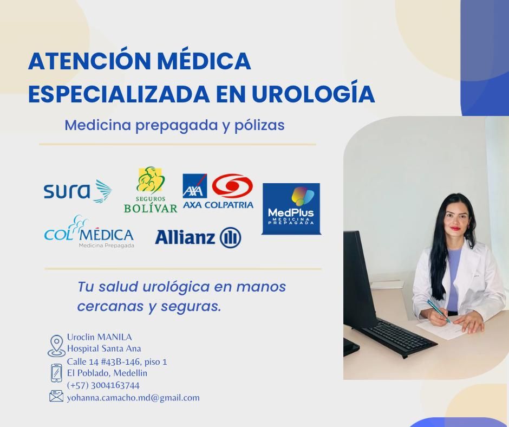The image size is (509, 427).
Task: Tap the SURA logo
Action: (78, 191)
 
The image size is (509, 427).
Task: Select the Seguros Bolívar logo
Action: (151, 190)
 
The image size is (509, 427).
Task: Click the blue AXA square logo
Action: (195, 186)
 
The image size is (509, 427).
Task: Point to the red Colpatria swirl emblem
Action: (232, 185)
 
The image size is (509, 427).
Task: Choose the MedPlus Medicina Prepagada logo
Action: (291, 209)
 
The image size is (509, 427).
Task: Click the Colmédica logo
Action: (89, 232)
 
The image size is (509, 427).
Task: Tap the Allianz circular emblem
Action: (231, 237)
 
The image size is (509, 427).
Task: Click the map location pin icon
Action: (56, 346)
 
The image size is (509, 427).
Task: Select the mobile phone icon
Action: (56, 373)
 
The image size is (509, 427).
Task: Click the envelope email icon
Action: (56, 396)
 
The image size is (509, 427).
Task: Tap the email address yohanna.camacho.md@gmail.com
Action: (133, 398)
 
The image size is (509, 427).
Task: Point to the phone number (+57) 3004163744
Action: (103, 385)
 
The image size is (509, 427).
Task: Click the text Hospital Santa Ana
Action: (104, 348)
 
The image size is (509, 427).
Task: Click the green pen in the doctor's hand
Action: (438, 312)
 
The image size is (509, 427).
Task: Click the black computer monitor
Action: (360, 280)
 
